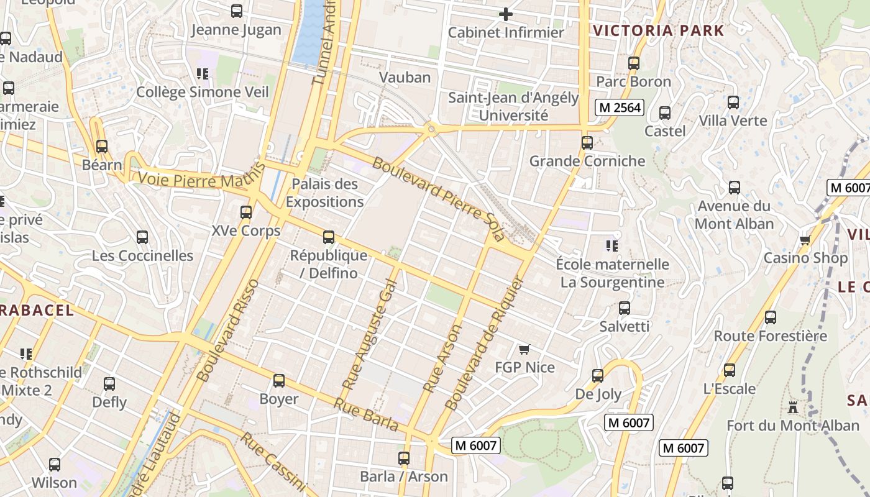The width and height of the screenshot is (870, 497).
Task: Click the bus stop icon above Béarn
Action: [x=101, y=147]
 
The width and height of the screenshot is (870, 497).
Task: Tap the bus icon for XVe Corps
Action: [x=246, y=212]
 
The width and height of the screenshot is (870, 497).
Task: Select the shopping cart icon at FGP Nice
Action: [x=524, y=349]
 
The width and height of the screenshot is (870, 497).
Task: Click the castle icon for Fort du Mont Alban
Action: [x=792, y=408]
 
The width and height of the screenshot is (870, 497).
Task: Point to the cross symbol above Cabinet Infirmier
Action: [x=506, y=14]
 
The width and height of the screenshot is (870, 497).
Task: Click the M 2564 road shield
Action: [x=619, y=107]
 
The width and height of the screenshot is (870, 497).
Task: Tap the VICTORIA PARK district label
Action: [x=658, y=30]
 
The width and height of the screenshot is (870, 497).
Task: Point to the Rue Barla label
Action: [x=366, y=414]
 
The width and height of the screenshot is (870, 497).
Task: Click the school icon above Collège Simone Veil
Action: [x=202, y=74]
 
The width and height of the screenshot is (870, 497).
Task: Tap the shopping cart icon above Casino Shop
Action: [x=805, y=240]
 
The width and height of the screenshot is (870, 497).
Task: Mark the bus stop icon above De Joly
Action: [x=598, y=376]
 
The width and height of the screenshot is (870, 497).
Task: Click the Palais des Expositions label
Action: [x=324, y=193]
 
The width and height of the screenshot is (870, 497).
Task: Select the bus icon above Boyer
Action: [x=279, y=381]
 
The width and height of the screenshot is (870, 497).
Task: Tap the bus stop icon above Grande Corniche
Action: [x=587, y=143]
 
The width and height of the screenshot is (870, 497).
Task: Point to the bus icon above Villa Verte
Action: [x=733, y=103]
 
